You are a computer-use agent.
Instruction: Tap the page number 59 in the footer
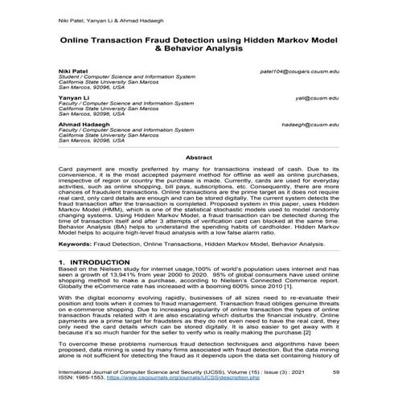(x=336, y=371)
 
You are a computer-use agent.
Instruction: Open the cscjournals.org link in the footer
(x=162, y=378)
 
